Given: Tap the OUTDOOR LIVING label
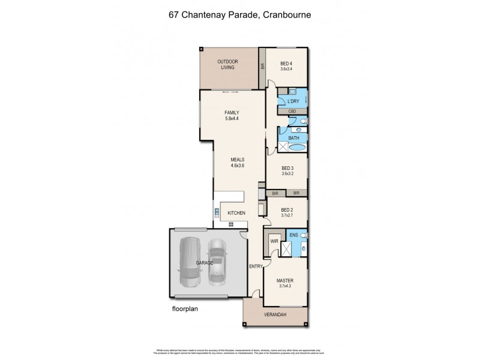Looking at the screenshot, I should coord(227,64).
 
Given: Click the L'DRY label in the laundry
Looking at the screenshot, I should coord(293,101).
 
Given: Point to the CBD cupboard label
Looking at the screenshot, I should coord(292,112).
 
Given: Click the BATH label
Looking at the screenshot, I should coord(293,138).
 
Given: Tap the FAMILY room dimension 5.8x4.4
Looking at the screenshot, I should coord(231,119).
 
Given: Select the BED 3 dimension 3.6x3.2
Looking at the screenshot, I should coord(289,174).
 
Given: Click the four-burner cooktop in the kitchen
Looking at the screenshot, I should coord(230,224).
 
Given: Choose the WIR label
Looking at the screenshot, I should coord(274,241).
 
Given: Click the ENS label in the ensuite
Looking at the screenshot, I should coord(293,235).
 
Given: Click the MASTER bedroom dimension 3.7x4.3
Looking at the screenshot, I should coord(285,286).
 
